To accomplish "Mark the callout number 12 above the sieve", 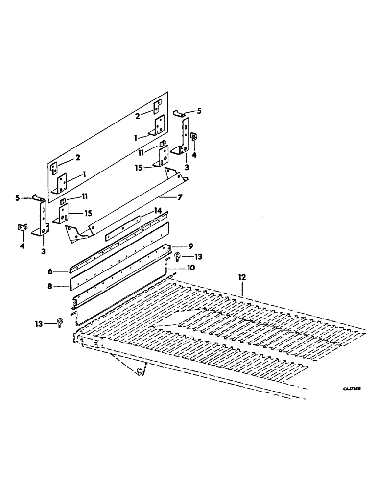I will point(242,277).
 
